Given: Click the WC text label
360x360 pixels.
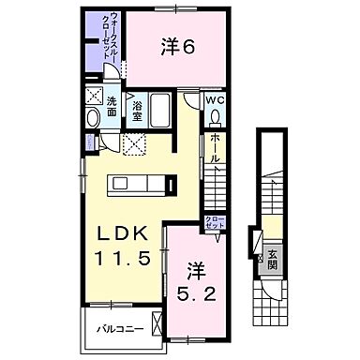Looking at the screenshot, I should tap(214, 99).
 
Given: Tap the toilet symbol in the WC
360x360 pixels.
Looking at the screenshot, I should tap(215, 117).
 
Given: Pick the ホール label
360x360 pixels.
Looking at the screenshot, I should tap(216, 147).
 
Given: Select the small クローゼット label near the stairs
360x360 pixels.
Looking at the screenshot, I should tap(215, 223).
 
